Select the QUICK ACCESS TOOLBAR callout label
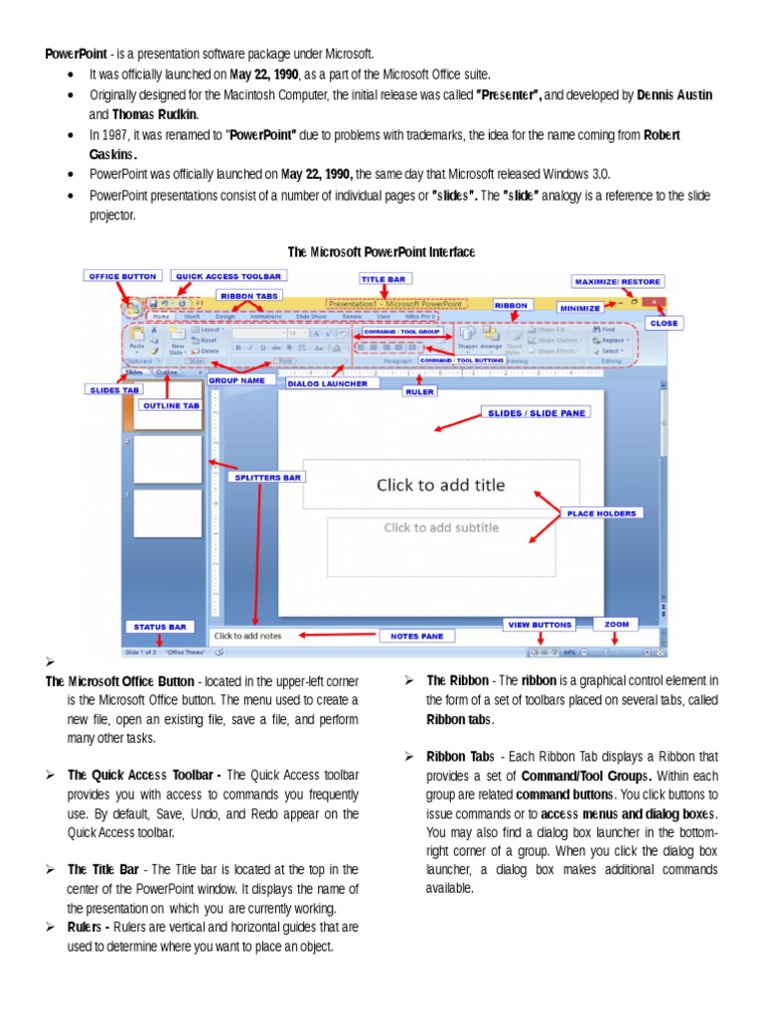229,275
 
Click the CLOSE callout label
663,323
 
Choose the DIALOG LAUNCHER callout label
328,382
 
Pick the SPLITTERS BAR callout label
266,477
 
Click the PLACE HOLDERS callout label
602,513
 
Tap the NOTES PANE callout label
416,636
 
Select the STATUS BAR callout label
160,627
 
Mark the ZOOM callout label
617,625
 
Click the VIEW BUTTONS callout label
539,625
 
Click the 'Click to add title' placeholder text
440,486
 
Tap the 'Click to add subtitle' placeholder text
441,527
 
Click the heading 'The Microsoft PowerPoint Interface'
381,252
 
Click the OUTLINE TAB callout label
170,405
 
